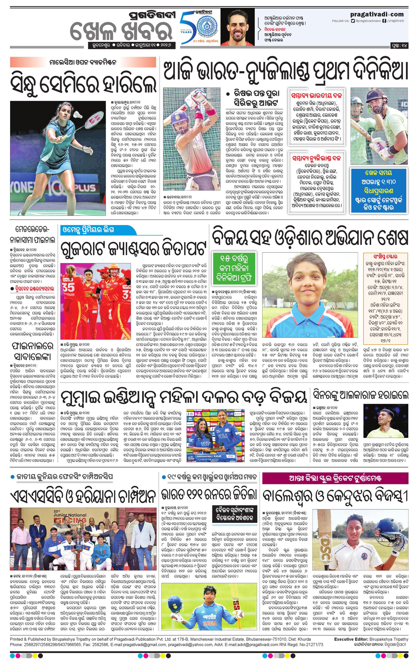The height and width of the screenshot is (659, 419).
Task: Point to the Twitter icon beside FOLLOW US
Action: (x=353, y=20)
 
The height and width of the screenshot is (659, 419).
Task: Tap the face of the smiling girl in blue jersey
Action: (x=308, y=276)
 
